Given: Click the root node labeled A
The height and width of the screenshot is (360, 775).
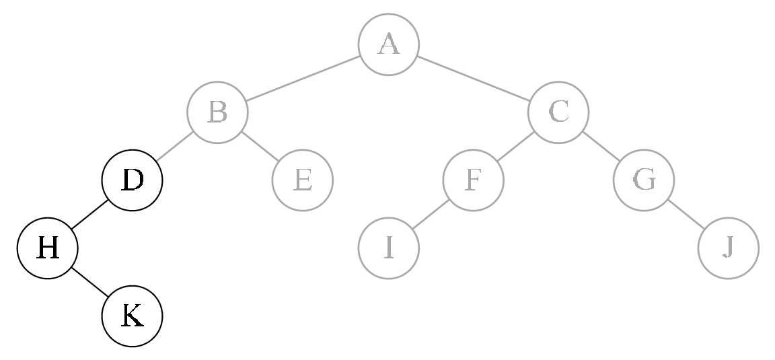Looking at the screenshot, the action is [388, 44].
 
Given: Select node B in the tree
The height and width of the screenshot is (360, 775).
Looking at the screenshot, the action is [217, 112].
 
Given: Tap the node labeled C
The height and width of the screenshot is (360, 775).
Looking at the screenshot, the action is [558, 112].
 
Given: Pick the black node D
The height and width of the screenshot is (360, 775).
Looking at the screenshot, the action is [132, 180].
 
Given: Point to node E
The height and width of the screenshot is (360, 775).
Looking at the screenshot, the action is [302, 180].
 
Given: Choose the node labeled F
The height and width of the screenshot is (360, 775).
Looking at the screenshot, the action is [473, 180].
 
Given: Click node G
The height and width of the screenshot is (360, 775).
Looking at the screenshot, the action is [643, 180].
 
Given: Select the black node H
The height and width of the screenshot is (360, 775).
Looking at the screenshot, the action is [47, 248].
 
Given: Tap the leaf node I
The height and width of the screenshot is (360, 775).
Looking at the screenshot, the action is [388, 248].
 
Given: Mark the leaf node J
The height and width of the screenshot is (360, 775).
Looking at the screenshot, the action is [728, 248].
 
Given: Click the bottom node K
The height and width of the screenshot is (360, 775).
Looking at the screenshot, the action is [132, 316].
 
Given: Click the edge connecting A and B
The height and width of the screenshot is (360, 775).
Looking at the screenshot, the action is [303, 79].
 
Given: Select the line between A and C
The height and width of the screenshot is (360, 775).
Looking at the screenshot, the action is [473, 79].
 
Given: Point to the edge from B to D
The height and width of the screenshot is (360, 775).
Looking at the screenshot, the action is [175, 146].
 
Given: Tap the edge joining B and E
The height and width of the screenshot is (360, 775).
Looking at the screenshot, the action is [260, 146].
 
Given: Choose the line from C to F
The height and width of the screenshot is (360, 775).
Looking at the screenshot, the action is [516, 146].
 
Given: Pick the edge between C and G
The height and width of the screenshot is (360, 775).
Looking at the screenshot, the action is [601, 146].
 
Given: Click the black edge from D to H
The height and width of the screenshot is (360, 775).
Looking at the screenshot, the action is [89, 214].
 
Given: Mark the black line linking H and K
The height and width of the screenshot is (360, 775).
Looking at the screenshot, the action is [89, 282].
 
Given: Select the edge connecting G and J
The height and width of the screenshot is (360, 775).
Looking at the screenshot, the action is [686, 214].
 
